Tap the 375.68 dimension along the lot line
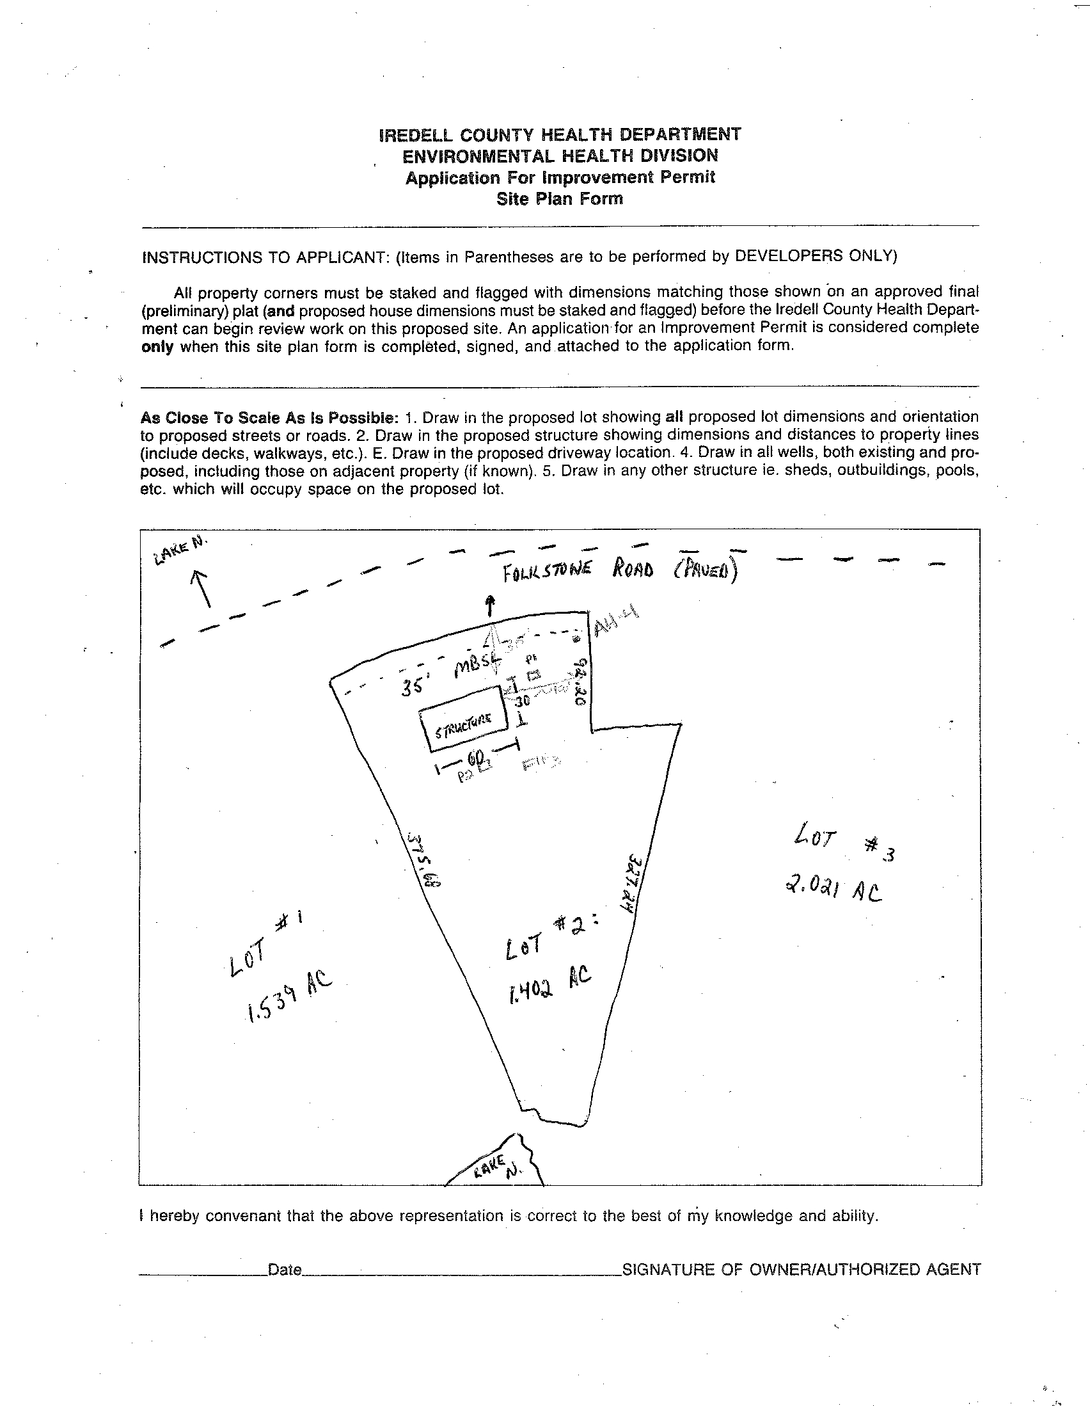(x=423, y=862)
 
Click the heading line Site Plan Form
(x=559, y=199)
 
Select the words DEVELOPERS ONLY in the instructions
(x=815, y=256)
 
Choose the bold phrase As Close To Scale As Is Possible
(x=269, y=417)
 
